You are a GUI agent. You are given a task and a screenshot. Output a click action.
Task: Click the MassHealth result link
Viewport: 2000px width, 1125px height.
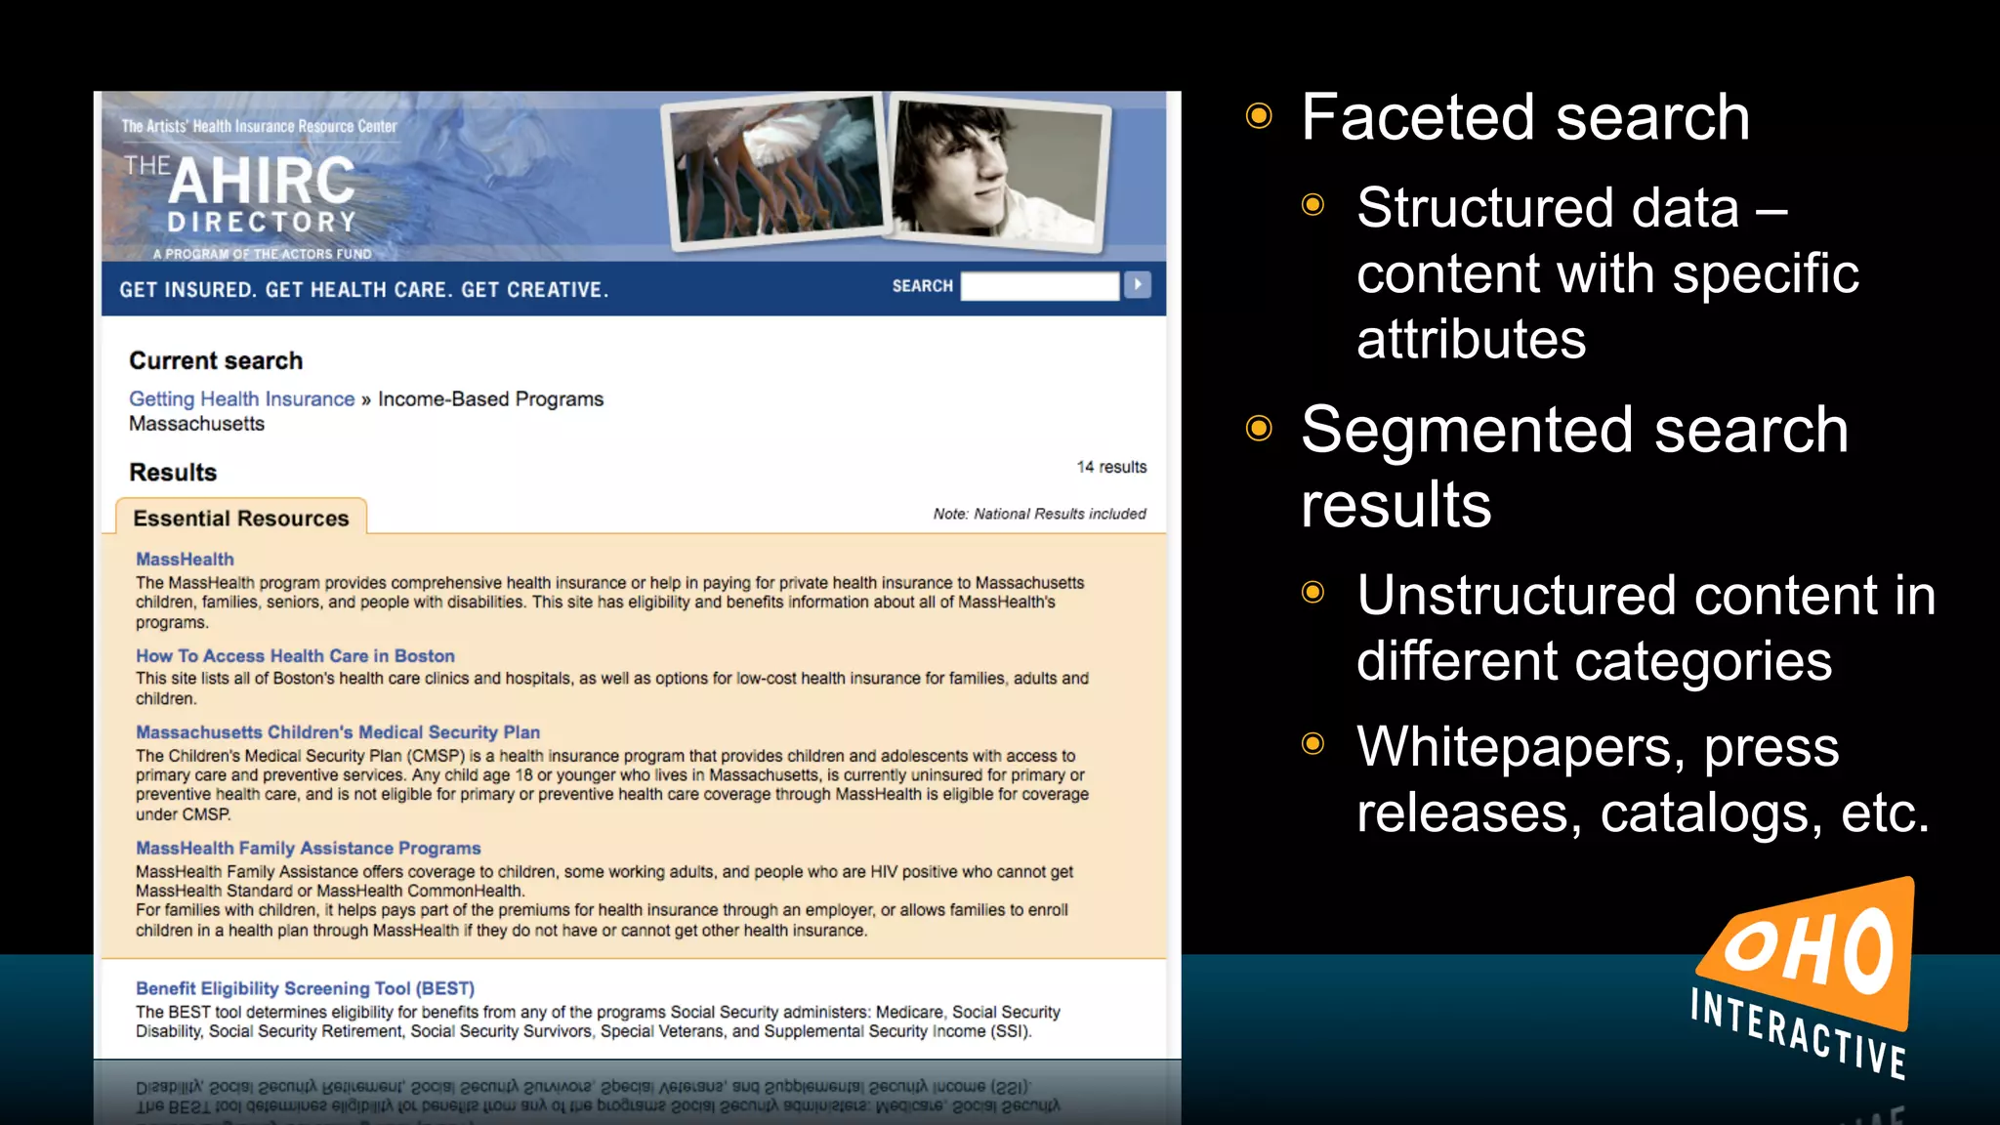tap(185, 560)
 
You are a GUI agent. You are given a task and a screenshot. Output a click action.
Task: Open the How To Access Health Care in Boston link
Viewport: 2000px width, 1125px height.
tap(295, 656)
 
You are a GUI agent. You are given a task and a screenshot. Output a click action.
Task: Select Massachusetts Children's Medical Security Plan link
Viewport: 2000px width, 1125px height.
tap(337, 732)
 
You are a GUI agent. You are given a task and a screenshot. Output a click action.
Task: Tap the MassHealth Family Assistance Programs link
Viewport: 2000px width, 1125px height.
tap(308, 849)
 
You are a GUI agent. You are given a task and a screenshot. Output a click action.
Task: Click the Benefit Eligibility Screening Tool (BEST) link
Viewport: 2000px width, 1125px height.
tap(305, 988)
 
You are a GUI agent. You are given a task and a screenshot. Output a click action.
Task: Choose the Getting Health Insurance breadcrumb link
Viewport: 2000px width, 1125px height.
tap(241, 399)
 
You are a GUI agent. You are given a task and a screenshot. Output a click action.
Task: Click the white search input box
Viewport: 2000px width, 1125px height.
tap(1039, 286)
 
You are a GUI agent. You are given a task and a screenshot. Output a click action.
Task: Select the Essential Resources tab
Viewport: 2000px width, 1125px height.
tap(240, 518)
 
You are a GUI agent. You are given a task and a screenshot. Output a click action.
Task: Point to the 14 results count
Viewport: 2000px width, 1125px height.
tap(1111, 467)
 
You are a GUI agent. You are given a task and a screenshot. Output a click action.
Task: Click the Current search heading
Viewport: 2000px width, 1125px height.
tap(216, 361)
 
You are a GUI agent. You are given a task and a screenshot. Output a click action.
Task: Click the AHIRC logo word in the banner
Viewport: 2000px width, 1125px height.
tap(262, 181)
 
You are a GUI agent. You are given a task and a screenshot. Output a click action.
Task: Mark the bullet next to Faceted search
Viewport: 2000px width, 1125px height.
tap(1259, 117)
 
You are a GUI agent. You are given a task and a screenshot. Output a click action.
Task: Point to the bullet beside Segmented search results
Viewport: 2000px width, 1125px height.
tap(1259, 429)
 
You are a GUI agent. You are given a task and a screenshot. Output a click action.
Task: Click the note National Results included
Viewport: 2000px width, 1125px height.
tap(1039, 514)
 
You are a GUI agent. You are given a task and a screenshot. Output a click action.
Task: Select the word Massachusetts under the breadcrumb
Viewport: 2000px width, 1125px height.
tap(196, 424)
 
